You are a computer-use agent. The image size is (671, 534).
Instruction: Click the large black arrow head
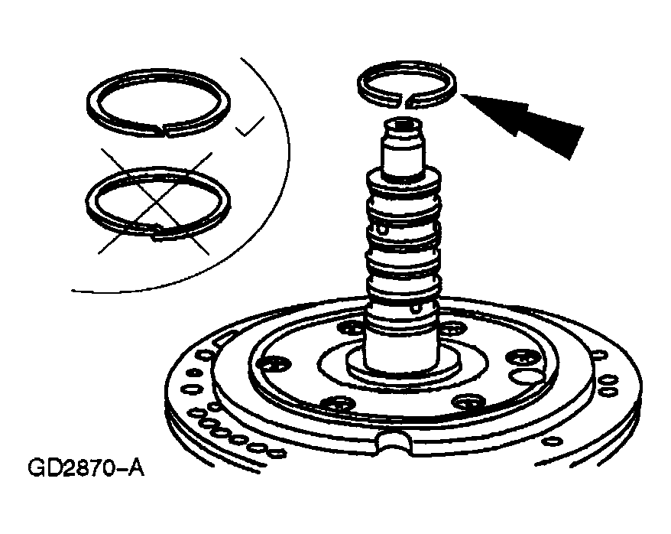[x=530, y=122]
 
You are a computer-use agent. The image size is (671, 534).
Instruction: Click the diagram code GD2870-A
[x=86, y=468]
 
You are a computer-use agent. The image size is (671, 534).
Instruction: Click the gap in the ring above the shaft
[x=404, y=101]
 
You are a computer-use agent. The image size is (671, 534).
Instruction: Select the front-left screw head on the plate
[x=337, y=403]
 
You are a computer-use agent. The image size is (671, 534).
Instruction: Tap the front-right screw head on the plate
[x=468, y=402]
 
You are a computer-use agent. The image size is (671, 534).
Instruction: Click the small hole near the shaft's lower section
[x=414, y=308]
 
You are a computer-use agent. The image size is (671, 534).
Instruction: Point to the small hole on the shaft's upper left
[x=381, y=228]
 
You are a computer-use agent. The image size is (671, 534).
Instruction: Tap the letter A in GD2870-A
[x=137, y=468]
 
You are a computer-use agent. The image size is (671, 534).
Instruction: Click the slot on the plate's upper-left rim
[x=225, y=338]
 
